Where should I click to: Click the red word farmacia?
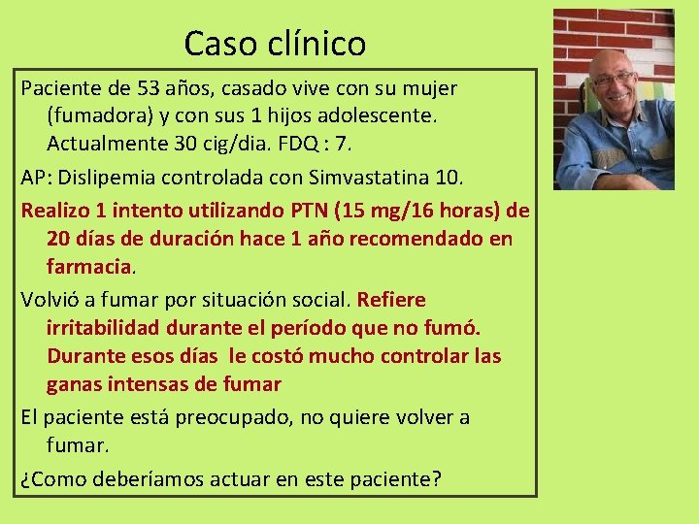pos(89,265)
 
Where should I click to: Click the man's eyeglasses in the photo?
pos(614,79)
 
